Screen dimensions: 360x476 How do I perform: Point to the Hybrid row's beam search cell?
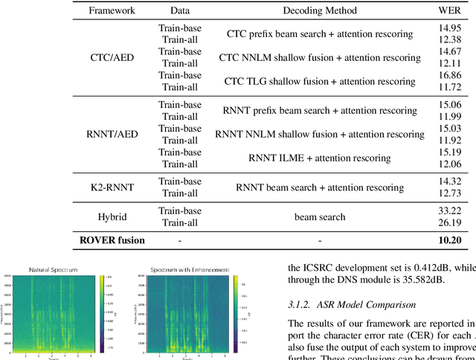click(320, 216)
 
